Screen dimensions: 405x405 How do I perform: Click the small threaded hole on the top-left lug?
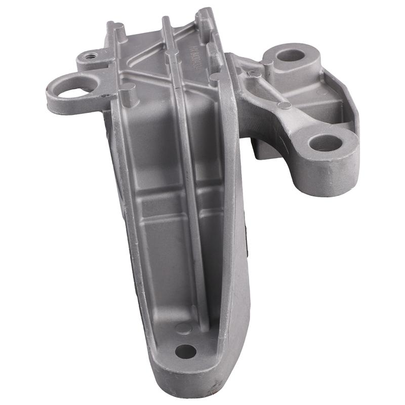pos(91,56)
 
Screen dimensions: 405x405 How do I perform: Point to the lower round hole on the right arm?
pos(324,143)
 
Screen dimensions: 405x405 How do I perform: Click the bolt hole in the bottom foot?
pos(186,351)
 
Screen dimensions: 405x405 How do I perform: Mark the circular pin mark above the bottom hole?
pos(183,328)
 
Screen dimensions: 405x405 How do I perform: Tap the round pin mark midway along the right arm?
pos(285,105)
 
